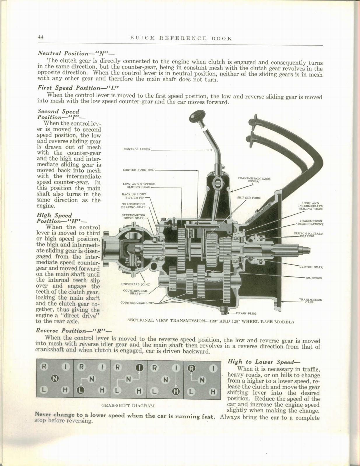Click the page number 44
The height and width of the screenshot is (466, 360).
(x=41, y=37)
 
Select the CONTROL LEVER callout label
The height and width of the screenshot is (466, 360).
(x=137, y=149)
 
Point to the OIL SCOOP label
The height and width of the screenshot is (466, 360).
(x=314, y=278)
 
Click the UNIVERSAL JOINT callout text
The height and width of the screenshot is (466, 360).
(x=136, y=284)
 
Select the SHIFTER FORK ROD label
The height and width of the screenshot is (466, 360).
(x=138, y=170)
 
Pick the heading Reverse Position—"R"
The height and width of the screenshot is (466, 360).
(x=74, y=331)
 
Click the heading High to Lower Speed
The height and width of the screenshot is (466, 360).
(x=264, y=362)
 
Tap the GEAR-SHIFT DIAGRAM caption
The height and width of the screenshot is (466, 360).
(x=128, y=405)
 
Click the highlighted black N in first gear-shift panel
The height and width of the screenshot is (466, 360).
(x=55, y=378)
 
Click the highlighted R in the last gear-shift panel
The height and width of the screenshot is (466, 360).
(x=191, y=368)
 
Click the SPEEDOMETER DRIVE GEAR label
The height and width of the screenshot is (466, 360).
(x=133, y=216)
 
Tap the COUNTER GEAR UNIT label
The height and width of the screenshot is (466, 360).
(x=137, y=303)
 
